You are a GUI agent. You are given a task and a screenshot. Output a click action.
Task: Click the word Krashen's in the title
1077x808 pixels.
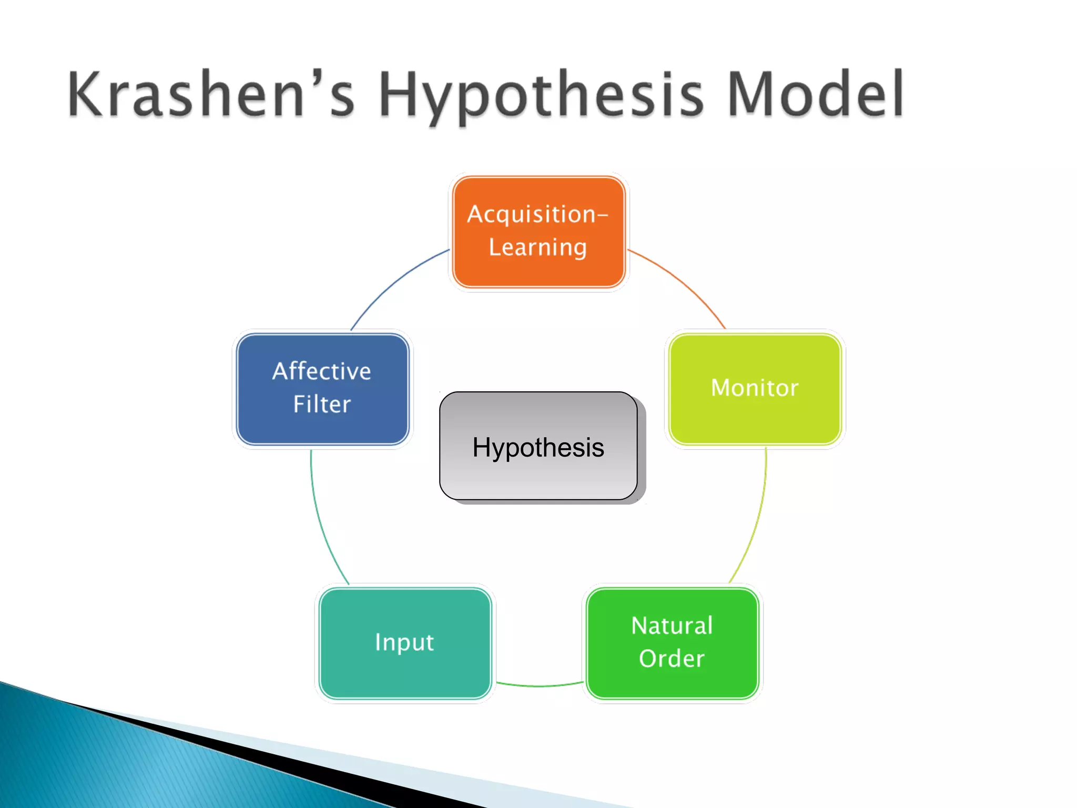pyautogui.click(x=210, y=95)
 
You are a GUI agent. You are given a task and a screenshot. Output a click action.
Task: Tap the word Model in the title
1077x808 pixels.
pyautogui.click(x=815, y=95)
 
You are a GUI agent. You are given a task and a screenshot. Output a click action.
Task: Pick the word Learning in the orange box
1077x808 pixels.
pyautogui.click(x=537, y=247)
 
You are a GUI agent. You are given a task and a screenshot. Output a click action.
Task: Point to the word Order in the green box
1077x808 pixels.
pyautogui.click(x=672, y=659)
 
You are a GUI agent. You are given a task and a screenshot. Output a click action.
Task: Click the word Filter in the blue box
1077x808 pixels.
pyautogui.click(x=322, y=405)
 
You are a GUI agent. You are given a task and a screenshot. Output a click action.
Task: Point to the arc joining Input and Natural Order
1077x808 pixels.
pyautogui.click(x=538, y=686)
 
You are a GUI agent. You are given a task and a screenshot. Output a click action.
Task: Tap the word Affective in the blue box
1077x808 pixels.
pyautogui.click(x=322, y=371)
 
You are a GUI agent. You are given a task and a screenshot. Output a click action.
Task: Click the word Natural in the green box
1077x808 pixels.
pyautogui.click(x=672, y=626)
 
